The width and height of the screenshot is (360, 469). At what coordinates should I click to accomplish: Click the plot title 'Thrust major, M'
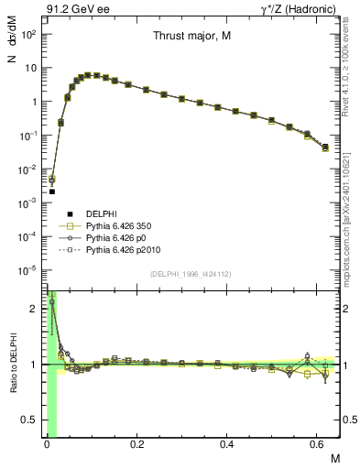191,38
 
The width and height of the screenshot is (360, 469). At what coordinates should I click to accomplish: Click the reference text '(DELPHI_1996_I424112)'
191,272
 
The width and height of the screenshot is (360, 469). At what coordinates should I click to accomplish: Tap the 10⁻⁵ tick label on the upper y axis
27,270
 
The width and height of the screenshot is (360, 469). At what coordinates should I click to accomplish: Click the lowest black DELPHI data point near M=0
52,191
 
